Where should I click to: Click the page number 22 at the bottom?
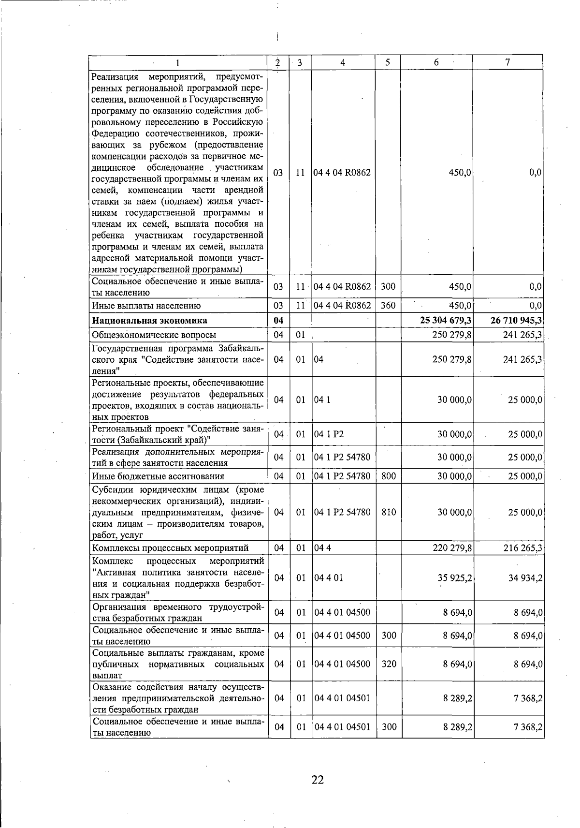point(318,780)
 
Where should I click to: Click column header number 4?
point(343,62)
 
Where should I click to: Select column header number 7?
point(507,62)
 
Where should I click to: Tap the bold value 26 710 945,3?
point(515,321)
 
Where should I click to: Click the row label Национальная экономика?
point(150,321)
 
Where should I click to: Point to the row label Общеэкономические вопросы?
point(154,335)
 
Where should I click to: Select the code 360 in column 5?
point(388,306)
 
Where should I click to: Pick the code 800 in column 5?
point(388,476)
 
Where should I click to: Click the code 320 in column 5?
point(388,664)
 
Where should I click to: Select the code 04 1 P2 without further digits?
point(329,434)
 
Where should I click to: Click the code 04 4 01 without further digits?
point(329,578)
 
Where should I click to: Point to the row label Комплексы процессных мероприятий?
point(170,548)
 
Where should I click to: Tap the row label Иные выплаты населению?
point(146,306)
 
